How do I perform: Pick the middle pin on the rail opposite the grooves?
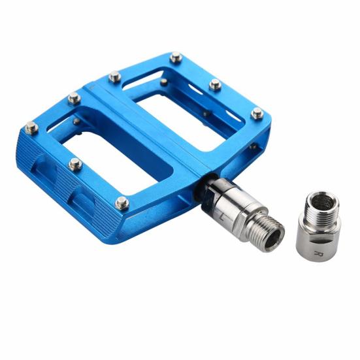point(215,84)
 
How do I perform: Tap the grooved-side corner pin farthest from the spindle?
point(31,127)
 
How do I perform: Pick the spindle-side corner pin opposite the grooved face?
point(257,113)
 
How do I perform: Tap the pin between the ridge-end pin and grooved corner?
point(74,98)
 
